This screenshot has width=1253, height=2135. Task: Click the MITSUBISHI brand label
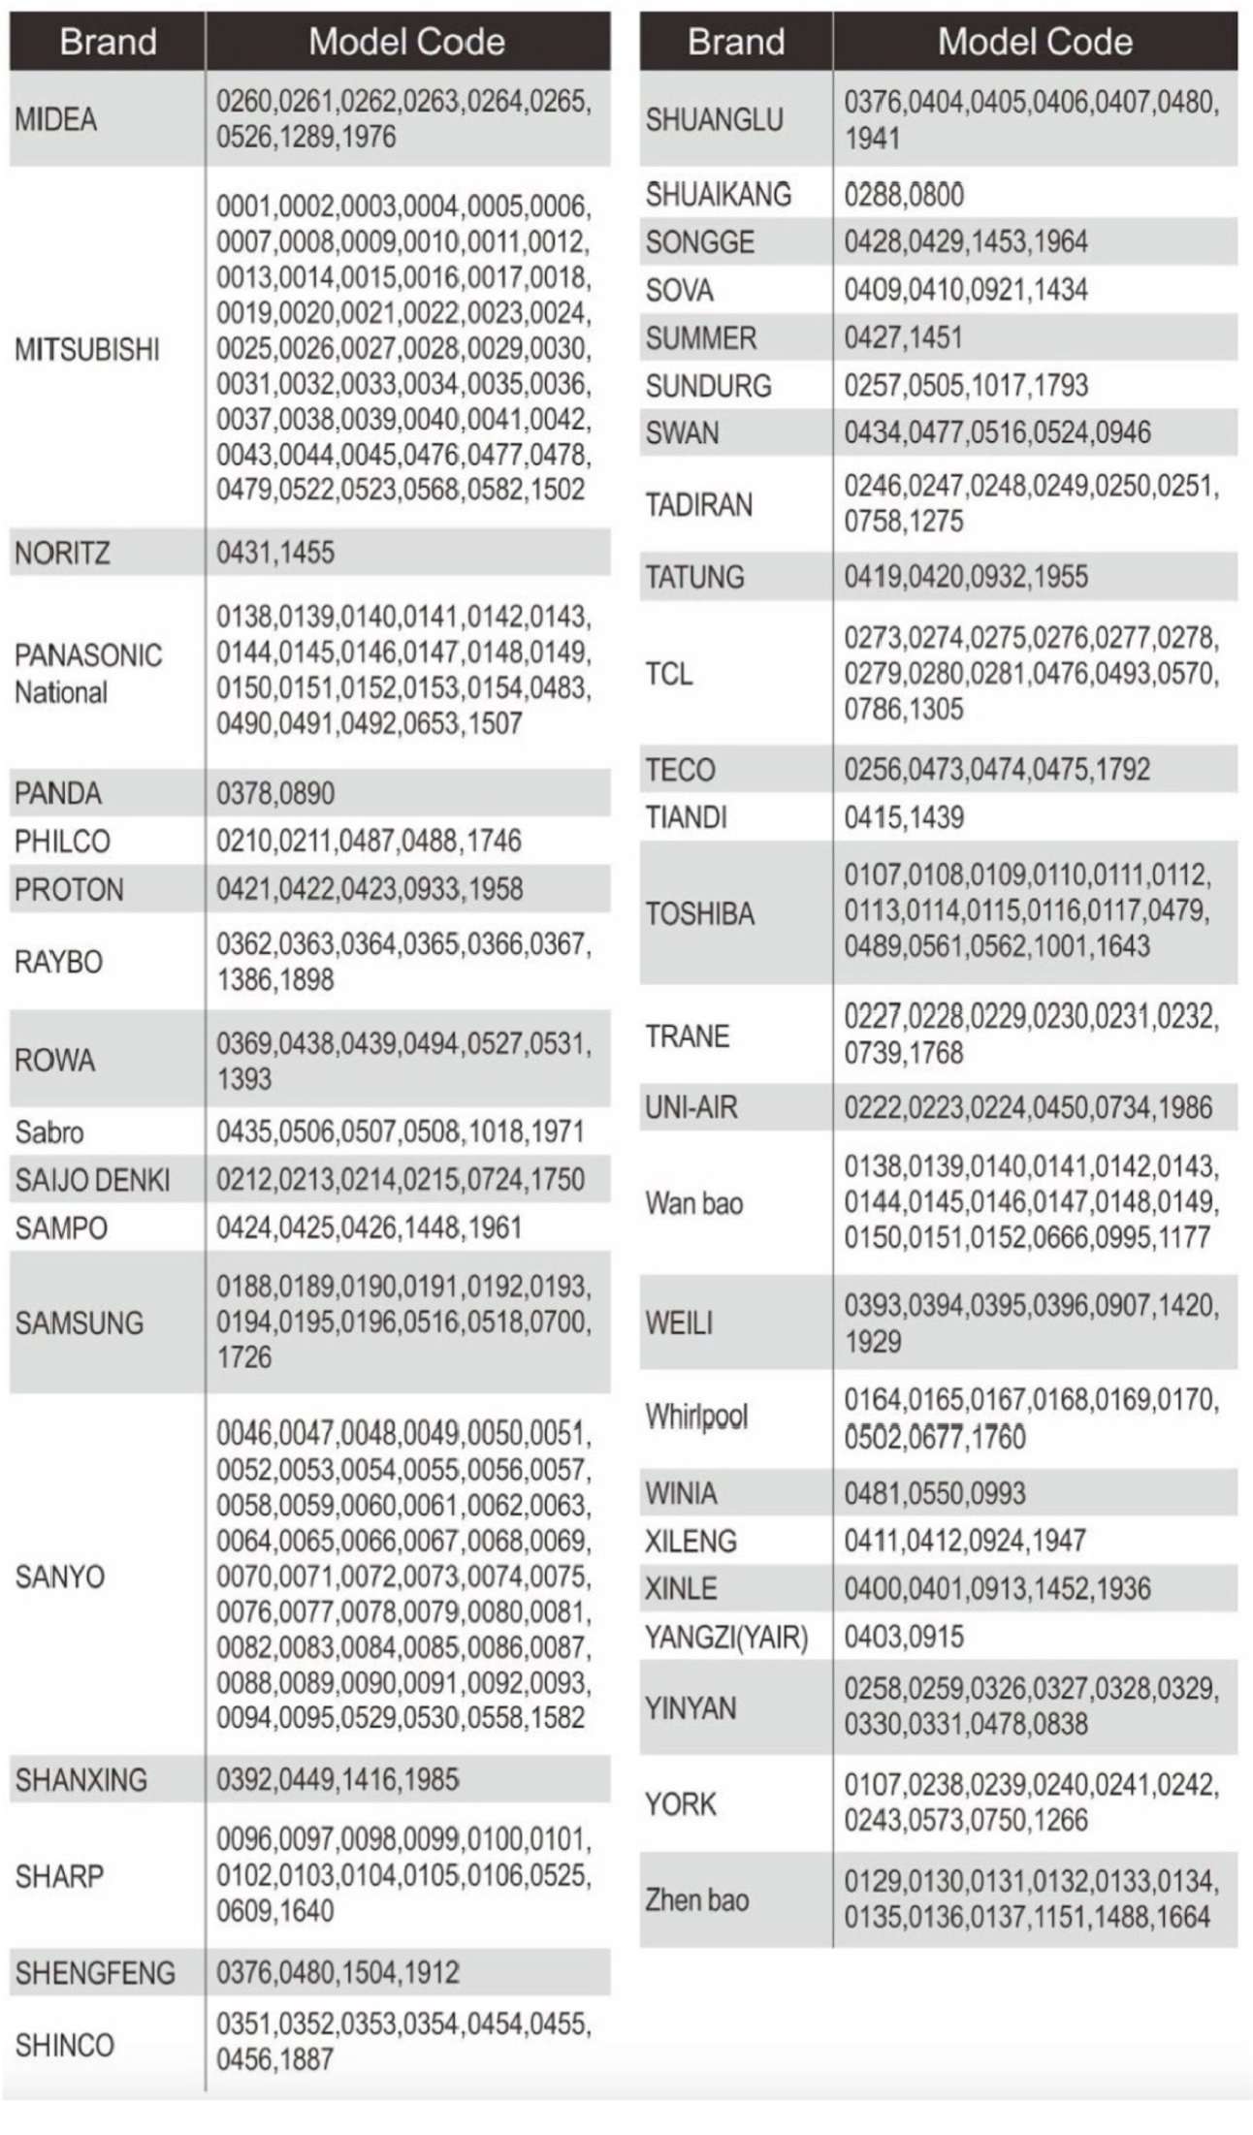point(86,350)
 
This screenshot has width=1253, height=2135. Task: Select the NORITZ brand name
point(61,554)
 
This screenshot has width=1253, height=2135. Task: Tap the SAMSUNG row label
point(79,1323)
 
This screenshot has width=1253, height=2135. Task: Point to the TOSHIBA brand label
point(699,913)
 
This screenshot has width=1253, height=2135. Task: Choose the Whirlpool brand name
point(696,1417)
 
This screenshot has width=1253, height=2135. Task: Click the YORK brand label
point(681,1804)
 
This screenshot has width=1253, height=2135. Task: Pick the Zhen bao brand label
point(696,1900)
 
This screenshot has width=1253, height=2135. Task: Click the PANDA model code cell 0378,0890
point(275,794)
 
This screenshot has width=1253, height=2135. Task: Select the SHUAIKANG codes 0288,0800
point(904,195)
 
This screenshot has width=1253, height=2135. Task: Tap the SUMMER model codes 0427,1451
point(903,338)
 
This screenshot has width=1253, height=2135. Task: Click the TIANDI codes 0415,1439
point(904,818)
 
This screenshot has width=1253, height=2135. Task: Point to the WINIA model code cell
point(934,1493)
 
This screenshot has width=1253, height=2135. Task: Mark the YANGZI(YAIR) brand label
point(726,1638)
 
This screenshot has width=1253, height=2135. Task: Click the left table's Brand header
point(108,43)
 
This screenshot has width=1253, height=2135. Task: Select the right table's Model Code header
point(1035,43)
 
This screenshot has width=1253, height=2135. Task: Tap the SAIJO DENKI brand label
point(92,1180)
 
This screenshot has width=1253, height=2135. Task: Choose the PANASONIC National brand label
point(87,674)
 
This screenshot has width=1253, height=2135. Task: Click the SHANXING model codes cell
point(337,1779)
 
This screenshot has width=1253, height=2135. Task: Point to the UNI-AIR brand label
point(691,1107)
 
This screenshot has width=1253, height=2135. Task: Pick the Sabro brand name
point(49,1132)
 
